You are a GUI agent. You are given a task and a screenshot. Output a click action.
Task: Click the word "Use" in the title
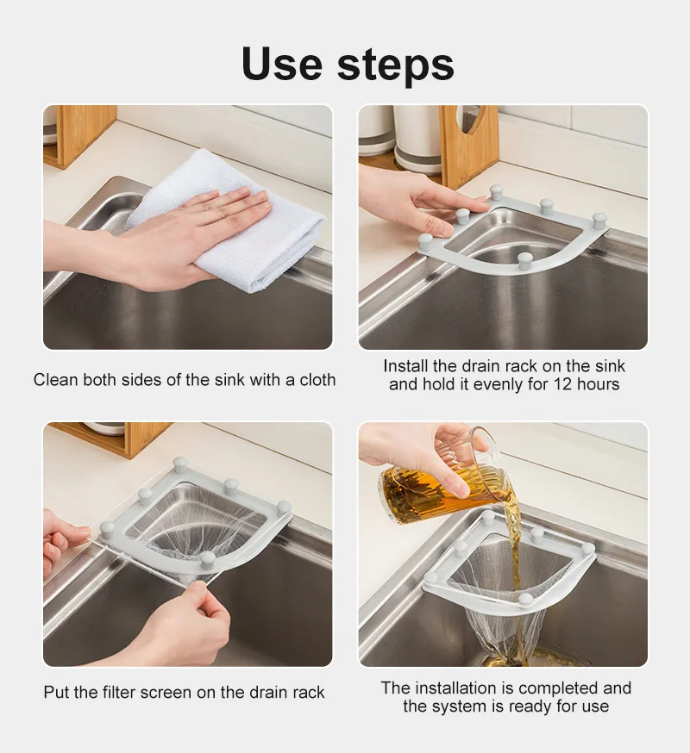point(285,65)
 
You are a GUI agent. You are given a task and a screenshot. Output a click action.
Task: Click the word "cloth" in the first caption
point(315,379)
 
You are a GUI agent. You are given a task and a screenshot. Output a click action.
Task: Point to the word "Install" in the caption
point(407,366)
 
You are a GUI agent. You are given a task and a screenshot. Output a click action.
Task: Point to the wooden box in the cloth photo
point(80,133)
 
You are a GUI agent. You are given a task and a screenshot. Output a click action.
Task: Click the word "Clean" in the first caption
point(55,379)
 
